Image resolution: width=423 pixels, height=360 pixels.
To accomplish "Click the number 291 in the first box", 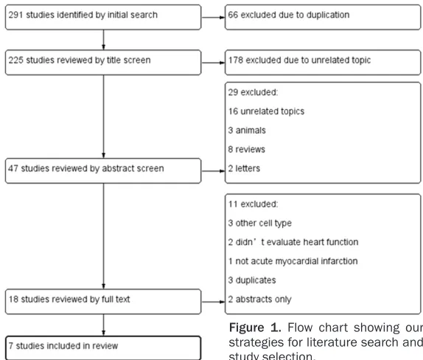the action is [15, 15].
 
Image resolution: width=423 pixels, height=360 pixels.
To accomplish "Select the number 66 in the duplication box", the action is [233, 15].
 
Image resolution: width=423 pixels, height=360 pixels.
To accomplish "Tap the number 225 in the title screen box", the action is [15, 60].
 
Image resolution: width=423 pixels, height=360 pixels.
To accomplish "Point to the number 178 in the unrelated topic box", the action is [236, 60].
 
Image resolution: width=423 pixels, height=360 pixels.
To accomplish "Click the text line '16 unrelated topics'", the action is [266, 111].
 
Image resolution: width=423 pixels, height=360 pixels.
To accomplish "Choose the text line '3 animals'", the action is [247, 130].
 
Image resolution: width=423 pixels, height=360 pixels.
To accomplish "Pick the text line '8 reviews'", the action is [247, 149].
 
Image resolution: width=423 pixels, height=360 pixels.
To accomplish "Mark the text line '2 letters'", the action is [244, 168].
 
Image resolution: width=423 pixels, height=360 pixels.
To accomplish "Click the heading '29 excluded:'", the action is [253, 92].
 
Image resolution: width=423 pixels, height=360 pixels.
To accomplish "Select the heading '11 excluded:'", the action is [253, 204].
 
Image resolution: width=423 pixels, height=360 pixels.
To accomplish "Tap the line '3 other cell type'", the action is [260, 224].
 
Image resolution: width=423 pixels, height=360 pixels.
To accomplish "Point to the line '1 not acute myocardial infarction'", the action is [293, 261].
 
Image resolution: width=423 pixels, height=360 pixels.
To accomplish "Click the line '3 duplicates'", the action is [252, 280].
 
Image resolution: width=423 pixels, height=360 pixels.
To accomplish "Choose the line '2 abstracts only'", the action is [260, 300].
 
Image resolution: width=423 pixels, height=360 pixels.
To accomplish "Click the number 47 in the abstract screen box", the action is [13, 168].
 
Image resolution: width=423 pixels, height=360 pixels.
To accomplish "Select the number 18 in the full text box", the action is [13, 299].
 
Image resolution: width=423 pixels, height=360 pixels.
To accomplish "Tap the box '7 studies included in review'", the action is [103, 348].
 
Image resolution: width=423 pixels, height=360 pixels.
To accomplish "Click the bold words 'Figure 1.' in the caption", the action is [255, 328].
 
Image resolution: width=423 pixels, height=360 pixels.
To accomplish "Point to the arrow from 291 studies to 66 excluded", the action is [213, 17].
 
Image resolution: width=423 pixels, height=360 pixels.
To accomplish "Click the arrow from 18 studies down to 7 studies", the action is [103, 325].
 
